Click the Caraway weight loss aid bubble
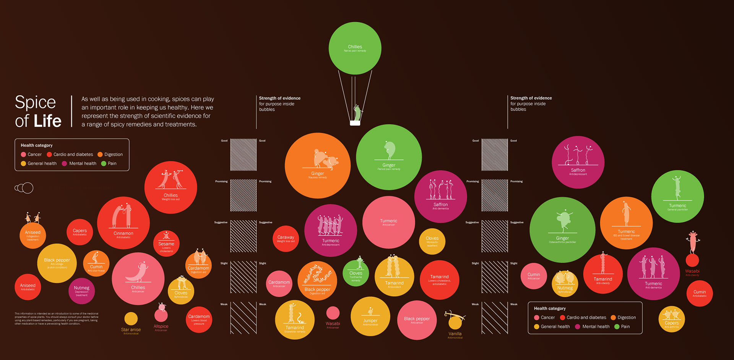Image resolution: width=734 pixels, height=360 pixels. [x=286, y=238]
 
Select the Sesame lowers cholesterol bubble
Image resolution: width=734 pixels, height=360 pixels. [x=166, y=244]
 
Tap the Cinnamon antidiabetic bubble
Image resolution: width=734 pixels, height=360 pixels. [x=123, y=223]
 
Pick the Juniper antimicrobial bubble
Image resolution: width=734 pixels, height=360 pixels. [x=370, y=316]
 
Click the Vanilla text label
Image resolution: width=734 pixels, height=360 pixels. [x=455, y=334]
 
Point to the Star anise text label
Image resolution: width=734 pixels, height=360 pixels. [x=131, y=330]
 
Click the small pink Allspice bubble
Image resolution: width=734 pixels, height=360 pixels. [x=161, y=315]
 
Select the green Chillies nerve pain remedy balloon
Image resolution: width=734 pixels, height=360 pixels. [x=355, y=48]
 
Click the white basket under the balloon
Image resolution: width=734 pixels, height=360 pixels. [x=355, y=123]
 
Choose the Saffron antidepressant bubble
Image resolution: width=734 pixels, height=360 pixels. [x=578, y=162]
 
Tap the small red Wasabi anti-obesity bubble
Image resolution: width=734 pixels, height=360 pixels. [x=692, y=260]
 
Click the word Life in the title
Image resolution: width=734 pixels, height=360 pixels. [x=47, y=121]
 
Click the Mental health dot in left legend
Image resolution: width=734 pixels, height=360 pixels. [x=64, y=164]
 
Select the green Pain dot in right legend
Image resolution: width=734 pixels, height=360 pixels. [x=617, y=327]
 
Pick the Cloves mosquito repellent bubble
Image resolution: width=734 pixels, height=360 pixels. [x=432, y=241]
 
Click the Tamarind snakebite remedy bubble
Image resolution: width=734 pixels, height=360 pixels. [x=295, y=320]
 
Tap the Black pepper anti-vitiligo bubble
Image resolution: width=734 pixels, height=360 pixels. [x=57, y=263]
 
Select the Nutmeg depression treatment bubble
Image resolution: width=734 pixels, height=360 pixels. [x=81, y=291]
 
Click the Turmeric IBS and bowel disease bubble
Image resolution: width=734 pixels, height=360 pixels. [x=626, y=223]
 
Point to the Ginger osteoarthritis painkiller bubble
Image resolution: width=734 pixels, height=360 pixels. [x=562, y=230]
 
